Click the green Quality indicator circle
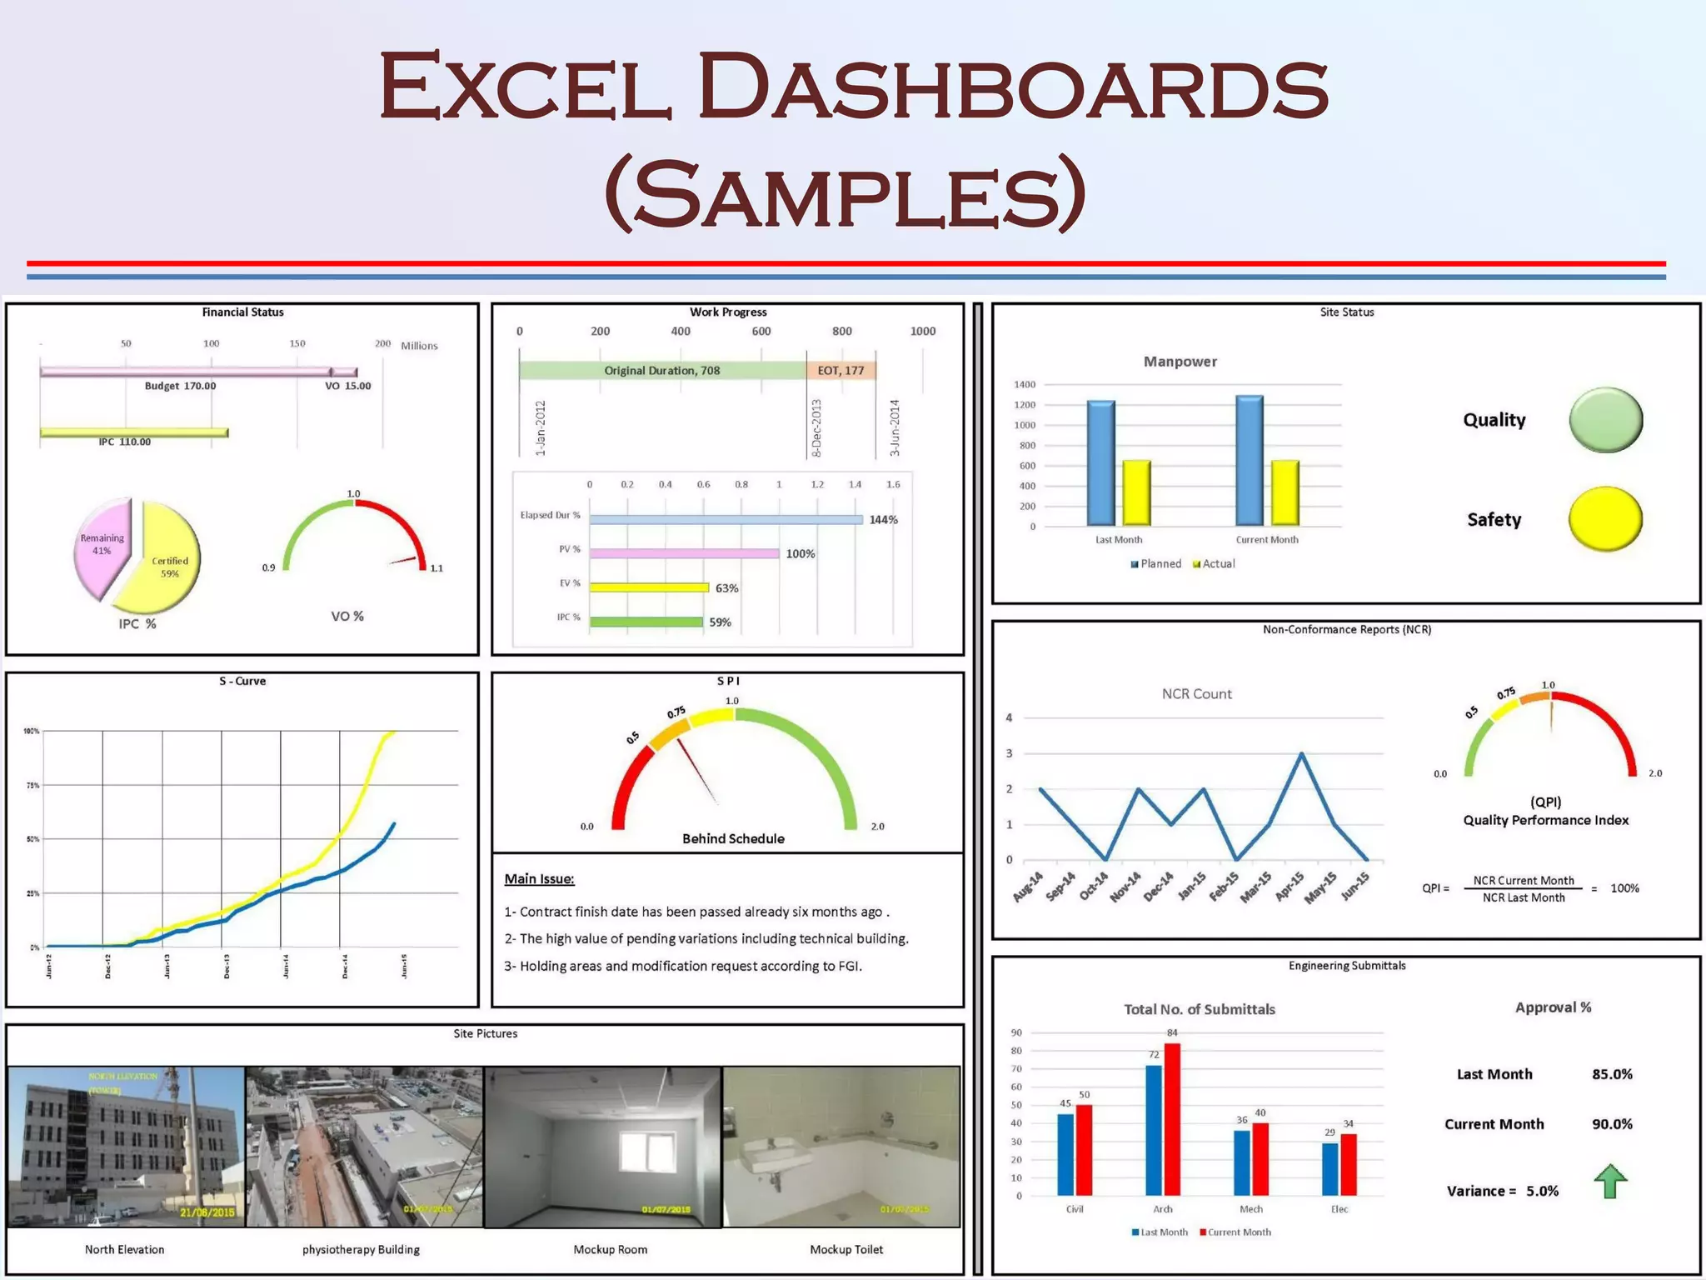1605,420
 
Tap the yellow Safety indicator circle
1604,519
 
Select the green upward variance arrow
1610,1181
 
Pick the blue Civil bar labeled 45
1065,1154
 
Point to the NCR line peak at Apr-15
1301,754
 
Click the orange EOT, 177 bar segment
841,370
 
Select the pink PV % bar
684,553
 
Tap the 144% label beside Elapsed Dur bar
883,520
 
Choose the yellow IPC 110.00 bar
133,432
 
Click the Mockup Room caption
610,1249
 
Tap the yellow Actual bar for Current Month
1284,492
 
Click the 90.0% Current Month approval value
1612,1124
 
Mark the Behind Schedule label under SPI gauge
733,838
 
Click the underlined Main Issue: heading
539,878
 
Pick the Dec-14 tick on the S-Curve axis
345,967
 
